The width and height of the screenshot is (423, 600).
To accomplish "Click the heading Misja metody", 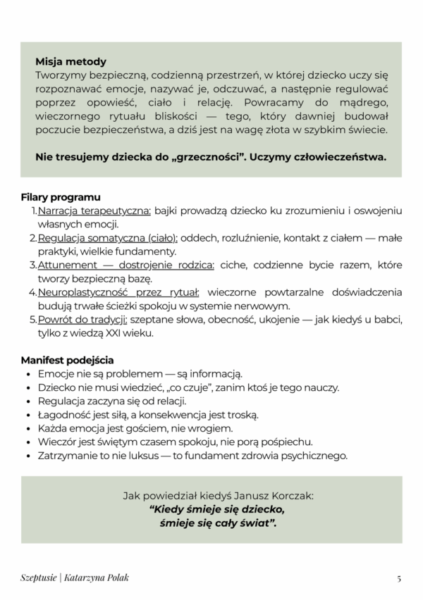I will [x=70, y=62].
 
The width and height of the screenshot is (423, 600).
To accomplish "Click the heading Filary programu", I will [x=60, y=197].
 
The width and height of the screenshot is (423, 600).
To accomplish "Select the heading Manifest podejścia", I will [x=67, y=360].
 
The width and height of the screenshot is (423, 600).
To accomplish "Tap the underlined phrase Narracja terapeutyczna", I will [x=94, y=211].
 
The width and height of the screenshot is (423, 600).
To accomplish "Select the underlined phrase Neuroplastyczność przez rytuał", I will [x=118, y=292].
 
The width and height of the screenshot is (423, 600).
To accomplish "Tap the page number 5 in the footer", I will [x=398, y=578].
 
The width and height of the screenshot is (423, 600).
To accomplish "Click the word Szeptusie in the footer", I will [x=37, y=578].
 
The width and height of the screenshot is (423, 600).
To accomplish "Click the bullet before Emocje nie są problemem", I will [x=27, y=374].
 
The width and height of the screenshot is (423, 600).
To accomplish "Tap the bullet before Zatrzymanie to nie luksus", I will [x=27, y=456].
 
